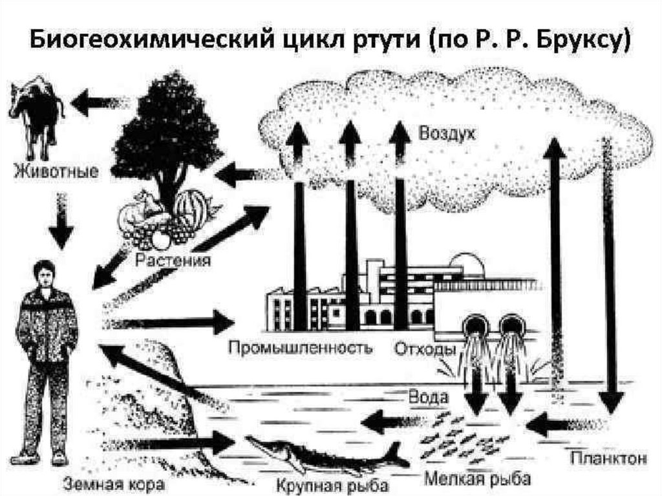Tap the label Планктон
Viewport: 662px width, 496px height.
608,458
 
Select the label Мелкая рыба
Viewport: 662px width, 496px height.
478,480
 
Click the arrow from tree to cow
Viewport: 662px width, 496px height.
97,102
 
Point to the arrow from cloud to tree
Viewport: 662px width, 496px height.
242,173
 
